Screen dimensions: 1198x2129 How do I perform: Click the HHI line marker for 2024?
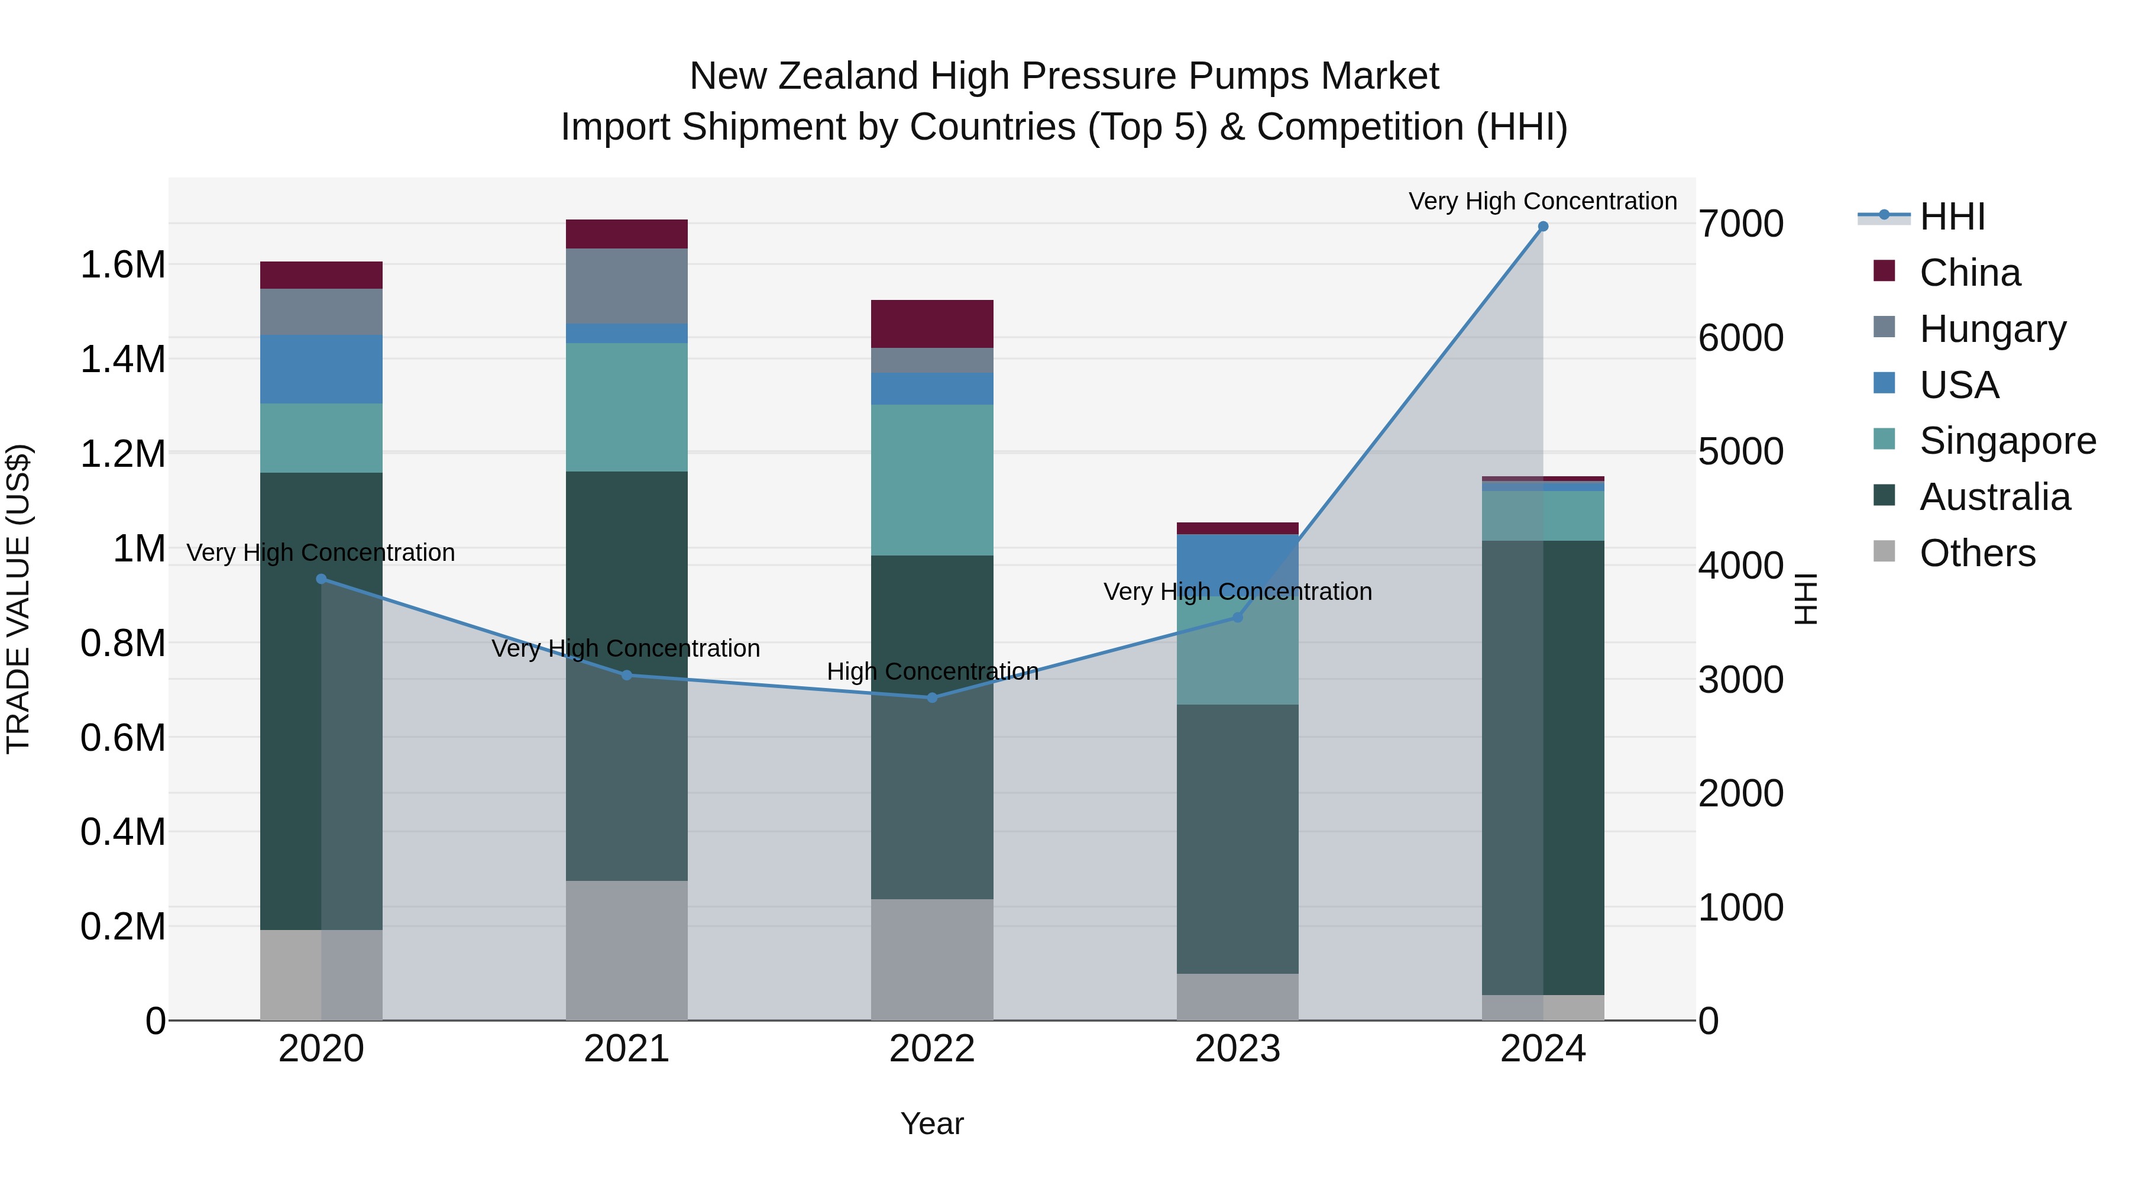(x=1542, y=227)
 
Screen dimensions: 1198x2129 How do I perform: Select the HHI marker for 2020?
(x=322, y=579)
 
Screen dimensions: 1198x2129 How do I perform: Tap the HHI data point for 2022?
(x=932, y=698)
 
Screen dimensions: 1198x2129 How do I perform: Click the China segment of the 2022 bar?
(x=932, y=324)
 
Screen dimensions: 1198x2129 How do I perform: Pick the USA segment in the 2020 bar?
(x=322, y=369)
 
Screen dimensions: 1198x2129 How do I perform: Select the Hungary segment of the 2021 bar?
(x=626, y=286)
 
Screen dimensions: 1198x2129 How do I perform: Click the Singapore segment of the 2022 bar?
(x=932, y=480)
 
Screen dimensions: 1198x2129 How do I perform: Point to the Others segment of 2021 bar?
(x=626, y=950)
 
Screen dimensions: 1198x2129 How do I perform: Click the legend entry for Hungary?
(x=1992, y=329)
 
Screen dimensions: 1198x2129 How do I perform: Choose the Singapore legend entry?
(x=2007, y=441)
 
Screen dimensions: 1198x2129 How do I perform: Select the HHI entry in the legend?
(x=1952, y=217)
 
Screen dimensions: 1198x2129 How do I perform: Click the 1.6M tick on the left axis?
(x=122, y=266)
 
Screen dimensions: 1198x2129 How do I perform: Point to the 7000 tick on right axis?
(x=1740, y=224)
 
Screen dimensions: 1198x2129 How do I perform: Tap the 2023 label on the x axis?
(x=1237, y=1049)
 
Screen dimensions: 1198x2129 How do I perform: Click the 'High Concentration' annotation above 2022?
(x=932, y=671)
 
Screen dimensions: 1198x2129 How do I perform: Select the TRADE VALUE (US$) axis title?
(x=18, y=599)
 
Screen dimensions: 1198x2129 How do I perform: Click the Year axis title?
(x=931, y=1123)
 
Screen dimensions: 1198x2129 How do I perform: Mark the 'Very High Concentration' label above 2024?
(x=1542, y=201)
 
